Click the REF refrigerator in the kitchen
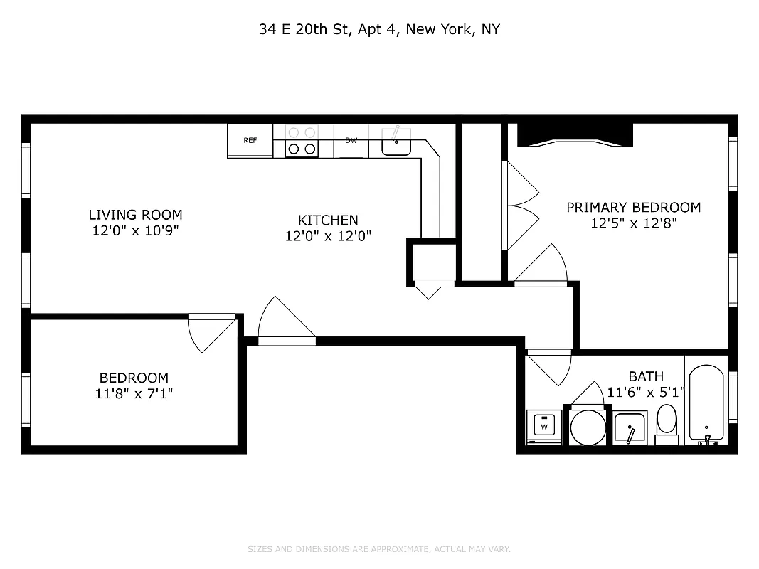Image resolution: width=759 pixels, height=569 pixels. pyautogui.click(x=250, y=141)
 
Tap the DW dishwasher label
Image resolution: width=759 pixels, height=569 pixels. pyautogui.click(x=351, y=140)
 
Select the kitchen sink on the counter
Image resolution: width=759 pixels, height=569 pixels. pyautogui.click(x=396, y=142)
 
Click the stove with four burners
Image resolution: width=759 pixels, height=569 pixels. pyautogui.click(x=301, y=141)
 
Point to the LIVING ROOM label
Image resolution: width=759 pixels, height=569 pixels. pyautogui.click(x=135, y=215)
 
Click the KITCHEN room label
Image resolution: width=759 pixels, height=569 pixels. pyautogui.click(x=328, y=220)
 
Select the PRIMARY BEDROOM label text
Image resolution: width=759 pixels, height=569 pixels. pyautogui.click(x=633, y=208)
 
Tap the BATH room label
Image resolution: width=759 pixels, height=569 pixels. pyautogui.click(x=646, y=376)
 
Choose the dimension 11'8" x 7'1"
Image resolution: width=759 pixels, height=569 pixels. pyautogui.click(x=134, y=393)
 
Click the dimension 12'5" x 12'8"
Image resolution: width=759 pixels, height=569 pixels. pyautogui.click(x=633, y=223)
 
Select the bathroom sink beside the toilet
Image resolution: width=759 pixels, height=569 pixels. pyautogui.click(x=630, y=428)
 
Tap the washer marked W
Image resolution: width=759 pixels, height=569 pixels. pyautogui.click(x=544, y=427)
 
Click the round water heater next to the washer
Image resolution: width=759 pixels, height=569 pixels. pyautogui.click(x=588, y=427)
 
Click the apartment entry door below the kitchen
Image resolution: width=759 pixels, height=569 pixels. pyautogui.click(x=286, y=324)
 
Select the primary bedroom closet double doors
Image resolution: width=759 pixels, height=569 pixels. pyautogui.click(x=521, y=206)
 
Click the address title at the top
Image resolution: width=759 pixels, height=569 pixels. pyautogui.click(x=379, y=30)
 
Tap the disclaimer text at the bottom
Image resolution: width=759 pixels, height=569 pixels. pyautogui.click(x=379, y=549)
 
